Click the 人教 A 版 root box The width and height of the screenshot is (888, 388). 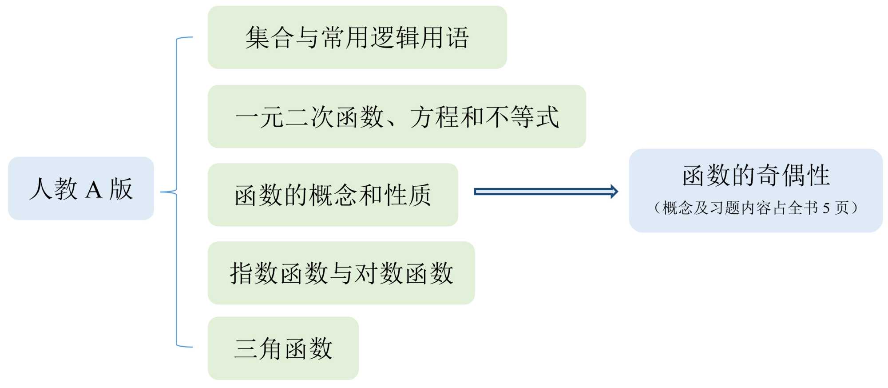point(81,188)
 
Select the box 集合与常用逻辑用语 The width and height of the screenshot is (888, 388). point(357,37)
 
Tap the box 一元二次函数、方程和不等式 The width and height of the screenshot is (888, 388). point(396,116)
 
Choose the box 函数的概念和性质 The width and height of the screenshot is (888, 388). point(333,195)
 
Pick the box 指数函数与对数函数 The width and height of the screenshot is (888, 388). point(341,273)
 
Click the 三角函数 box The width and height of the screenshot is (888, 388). point(283,348)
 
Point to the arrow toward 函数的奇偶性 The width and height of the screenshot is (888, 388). point(546,192)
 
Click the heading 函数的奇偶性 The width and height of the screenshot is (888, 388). point(756,175)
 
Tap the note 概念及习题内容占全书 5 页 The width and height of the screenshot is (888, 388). point(756,208)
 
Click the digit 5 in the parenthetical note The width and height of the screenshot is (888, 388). point(826,208)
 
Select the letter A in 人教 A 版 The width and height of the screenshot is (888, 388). point(93,190)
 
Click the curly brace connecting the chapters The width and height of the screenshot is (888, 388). point(177,192)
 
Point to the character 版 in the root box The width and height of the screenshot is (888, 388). point(121,189)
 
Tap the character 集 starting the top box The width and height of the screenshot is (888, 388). point(258,37)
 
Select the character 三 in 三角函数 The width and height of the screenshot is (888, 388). point(246,348)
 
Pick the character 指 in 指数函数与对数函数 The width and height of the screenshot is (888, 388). point(242,273)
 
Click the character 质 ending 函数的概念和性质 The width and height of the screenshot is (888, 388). point(419,195)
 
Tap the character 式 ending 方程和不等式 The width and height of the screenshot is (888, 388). point(547,117)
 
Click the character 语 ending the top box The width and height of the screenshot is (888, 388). point(457,37)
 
